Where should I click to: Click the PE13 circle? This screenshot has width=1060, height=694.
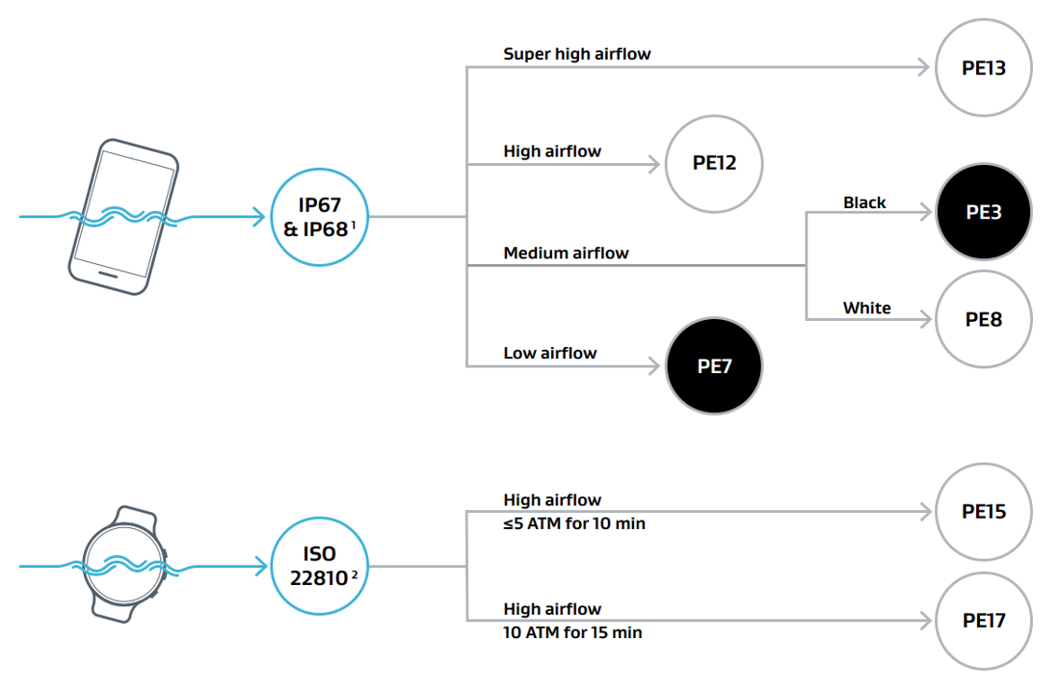pos(984,67)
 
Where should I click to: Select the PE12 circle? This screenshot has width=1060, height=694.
pos(714,163)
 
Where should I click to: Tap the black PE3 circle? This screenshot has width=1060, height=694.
pos(984,212)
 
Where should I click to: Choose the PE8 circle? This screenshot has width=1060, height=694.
pos(984,319)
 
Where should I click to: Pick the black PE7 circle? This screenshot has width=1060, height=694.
pos(714,366)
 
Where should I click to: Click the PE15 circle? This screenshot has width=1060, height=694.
pos(984,511)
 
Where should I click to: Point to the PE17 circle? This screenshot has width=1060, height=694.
pos(984,621)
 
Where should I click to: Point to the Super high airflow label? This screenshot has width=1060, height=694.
pos(577,54)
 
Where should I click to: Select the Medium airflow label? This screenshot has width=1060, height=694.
pos(566,254)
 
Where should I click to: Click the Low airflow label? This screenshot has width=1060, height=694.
pos(550,353)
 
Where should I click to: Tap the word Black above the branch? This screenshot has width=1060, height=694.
pos(864,202)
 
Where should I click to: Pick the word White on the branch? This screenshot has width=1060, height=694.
pos(866,308)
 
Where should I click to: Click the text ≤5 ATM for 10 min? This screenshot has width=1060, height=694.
pos(574,523)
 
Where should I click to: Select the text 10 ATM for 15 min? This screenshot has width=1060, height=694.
pos(572,632)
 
